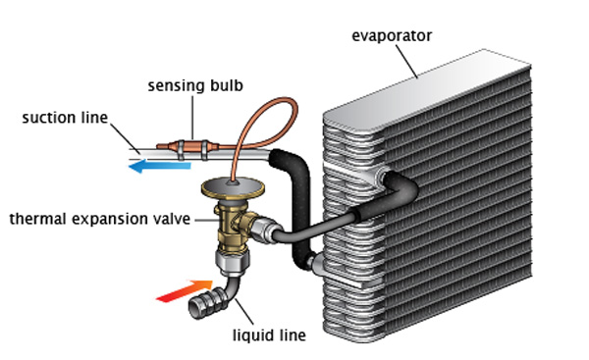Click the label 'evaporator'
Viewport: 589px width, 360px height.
point(392,36)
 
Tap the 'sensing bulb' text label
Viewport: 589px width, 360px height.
point(195,85)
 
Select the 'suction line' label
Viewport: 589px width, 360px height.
point(65,118)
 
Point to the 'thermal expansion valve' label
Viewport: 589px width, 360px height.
point(100,219)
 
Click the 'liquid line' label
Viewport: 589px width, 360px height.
point(269,335)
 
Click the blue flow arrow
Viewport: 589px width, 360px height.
point(160,166)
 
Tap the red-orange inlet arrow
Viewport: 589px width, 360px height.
point(185,291)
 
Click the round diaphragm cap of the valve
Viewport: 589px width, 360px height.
point(233,187)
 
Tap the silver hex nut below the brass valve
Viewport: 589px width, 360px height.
point(233,262)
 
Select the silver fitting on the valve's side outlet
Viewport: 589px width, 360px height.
point(265,231)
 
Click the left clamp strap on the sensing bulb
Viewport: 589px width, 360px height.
point(181,149)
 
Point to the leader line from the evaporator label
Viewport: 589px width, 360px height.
point(406,62)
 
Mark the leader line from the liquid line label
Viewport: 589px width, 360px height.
point(243,312)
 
